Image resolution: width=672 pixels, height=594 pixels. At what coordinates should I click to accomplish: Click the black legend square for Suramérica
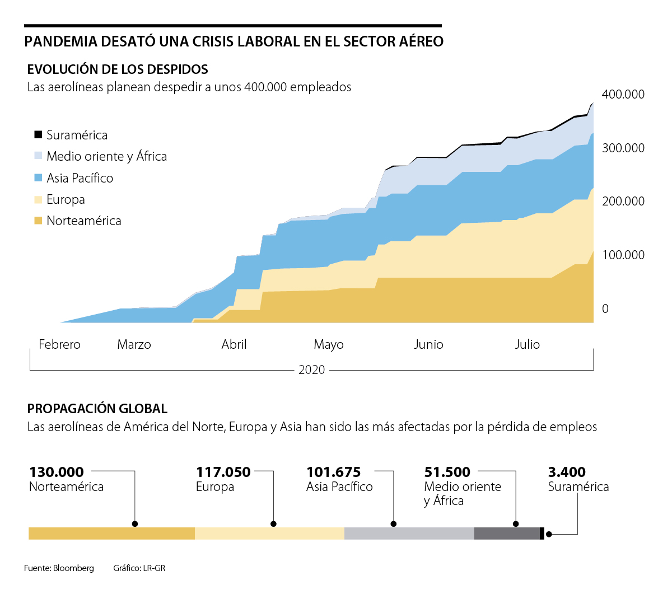[x=38, y=134]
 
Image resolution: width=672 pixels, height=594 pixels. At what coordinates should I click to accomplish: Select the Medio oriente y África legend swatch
[x=38, y=156]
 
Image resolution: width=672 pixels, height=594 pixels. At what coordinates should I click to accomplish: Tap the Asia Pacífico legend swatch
[x=38, y=177]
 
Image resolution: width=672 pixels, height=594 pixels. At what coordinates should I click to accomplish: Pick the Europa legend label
[x=66, y=199]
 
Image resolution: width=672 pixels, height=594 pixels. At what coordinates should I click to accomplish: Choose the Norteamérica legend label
[x=83, y=221]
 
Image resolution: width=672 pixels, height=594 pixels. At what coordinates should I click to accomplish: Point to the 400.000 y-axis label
[x=623, y=94]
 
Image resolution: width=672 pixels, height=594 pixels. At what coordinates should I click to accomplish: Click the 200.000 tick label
[x=623, y=201]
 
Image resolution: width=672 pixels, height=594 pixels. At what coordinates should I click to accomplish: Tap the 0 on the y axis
[x=605, y=308]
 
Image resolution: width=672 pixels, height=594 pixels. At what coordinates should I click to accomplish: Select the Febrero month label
[x=59, y=344]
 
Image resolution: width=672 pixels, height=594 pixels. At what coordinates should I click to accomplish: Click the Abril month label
[x=234, y=344]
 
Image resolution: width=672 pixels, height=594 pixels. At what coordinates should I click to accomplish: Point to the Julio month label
[x=527, y=344]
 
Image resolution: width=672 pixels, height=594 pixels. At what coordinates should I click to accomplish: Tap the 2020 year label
[x=311, y=370]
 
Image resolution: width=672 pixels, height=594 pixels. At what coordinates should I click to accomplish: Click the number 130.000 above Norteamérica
[x=57, y=472]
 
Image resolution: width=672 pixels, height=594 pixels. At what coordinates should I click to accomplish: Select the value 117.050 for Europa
[x=223, y=472]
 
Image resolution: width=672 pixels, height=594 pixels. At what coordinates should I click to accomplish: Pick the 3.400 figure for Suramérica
[x=567, y=472]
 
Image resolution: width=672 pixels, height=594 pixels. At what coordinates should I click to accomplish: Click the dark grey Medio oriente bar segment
[x=506, y=534]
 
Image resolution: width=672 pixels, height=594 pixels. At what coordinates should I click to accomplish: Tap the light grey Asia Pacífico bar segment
[x=409, y=534]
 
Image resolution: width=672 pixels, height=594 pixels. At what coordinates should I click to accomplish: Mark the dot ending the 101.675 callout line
[x=394, y=524]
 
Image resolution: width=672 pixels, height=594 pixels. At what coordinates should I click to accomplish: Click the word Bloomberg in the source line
[x=73, y=568]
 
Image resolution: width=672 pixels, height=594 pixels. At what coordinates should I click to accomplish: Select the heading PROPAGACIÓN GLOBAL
[x=97, y=409]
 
